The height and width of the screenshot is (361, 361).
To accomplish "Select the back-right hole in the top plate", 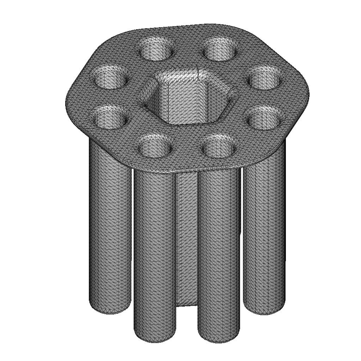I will pyautogui.click(x=221, y=49).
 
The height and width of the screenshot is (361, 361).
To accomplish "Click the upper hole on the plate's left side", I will pyautogui.click(x=110, y=77).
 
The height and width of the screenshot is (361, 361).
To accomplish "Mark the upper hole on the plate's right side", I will pyautogui.click(x=265, y=77).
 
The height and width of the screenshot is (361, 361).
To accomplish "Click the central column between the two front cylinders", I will pyautogui.click(x=187, y=240).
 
